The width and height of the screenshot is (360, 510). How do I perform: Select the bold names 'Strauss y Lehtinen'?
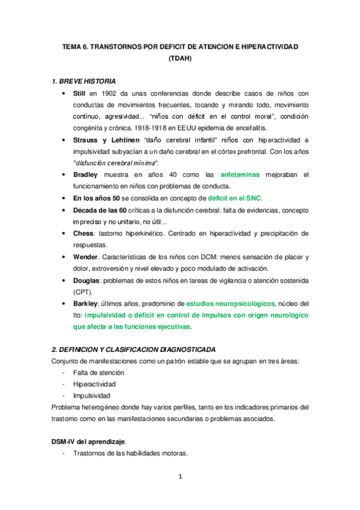(112, 140)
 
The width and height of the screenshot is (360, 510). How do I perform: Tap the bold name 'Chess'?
(85, 233)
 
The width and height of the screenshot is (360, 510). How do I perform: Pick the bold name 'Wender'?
(88, 256)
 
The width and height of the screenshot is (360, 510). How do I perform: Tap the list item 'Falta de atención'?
(99, 372)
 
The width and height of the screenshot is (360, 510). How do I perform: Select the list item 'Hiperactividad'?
(94, 384)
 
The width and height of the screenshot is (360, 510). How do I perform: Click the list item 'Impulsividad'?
(92, 395)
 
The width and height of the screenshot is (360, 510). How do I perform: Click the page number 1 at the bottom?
(180, 478)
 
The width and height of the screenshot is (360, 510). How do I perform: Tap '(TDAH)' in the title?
(180, 58)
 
